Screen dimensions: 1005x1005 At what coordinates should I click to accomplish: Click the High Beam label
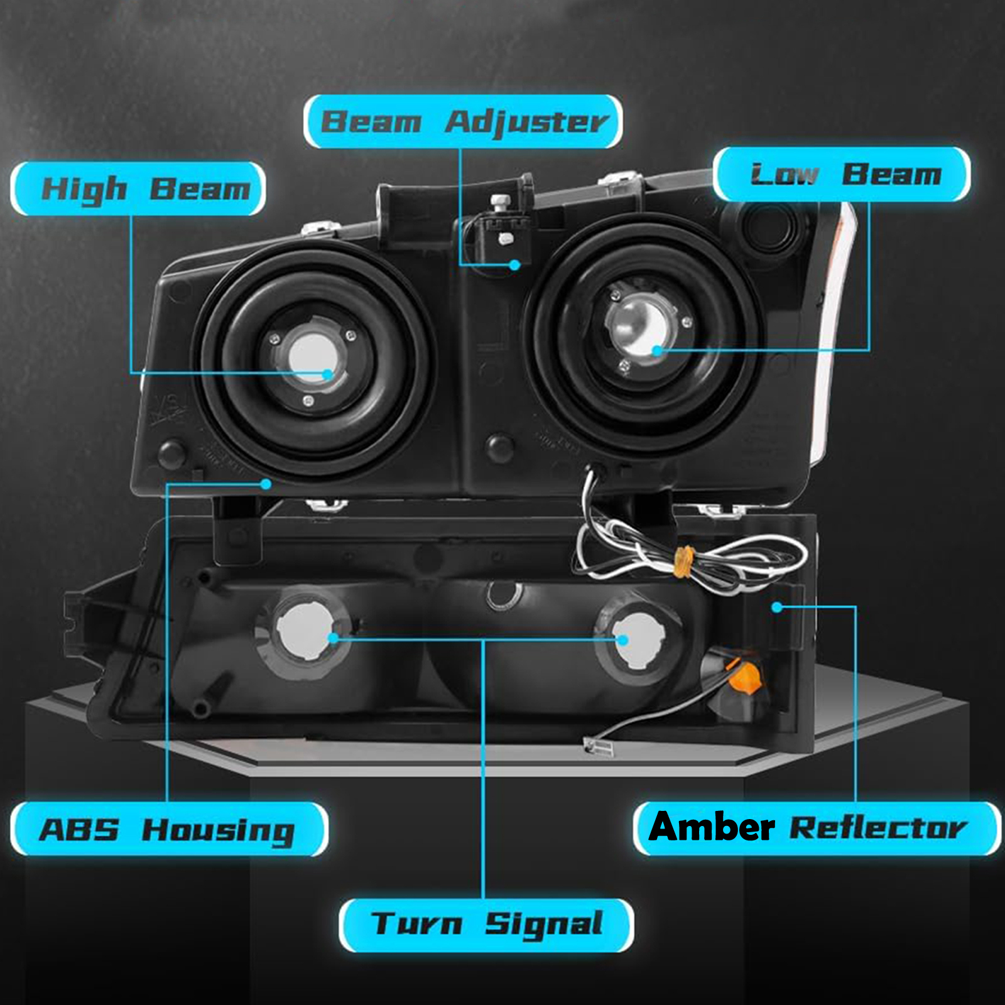click(138, 188)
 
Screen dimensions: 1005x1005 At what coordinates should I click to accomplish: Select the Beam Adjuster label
click(463, 122)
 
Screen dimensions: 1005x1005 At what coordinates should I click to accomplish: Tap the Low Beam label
click(842, 175)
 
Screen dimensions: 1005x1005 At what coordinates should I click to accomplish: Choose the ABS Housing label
click(169, 828)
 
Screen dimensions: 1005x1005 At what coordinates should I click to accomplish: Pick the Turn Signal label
click(486, 925)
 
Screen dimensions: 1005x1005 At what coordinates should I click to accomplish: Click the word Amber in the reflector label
click(712, 827)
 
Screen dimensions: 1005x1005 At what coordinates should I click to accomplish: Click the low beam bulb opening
click(641, 326)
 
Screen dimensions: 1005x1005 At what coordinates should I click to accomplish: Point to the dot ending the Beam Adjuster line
click(515, 265)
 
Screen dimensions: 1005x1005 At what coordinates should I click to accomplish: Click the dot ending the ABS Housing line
click(266, 484)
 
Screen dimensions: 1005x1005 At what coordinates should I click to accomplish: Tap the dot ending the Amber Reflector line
click(777, 607)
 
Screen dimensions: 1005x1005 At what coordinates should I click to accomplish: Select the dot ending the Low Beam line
click(657, 350)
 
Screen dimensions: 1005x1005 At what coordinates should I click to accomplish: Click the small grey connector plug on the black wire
click(597, 747)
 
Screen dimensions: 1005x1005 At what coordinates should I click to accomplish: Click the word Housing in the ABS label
click(219, 831)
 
